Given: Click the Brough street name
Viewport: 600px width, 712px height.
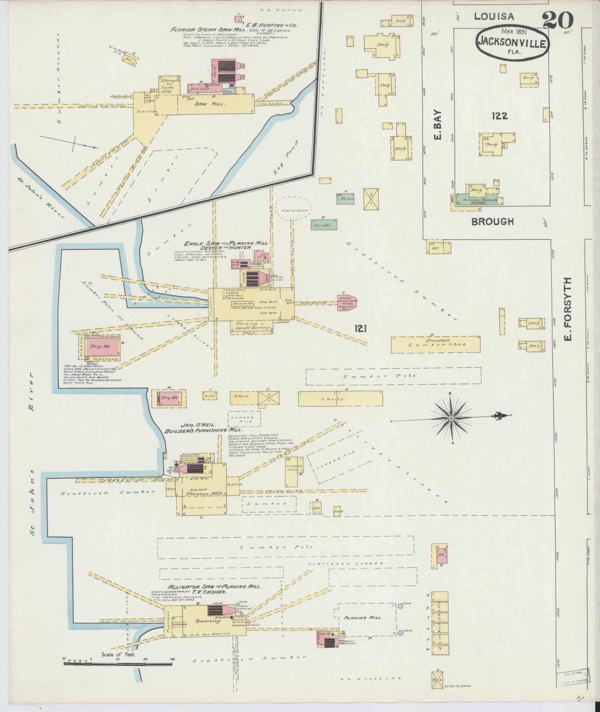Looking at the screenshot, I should [x=492, y=221].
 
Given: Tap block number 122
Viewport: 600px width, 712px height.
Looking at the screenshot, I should [x=499, y=116].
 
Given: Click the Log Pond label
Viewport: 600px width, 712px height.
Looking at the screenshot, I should [x=286, y=157].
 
